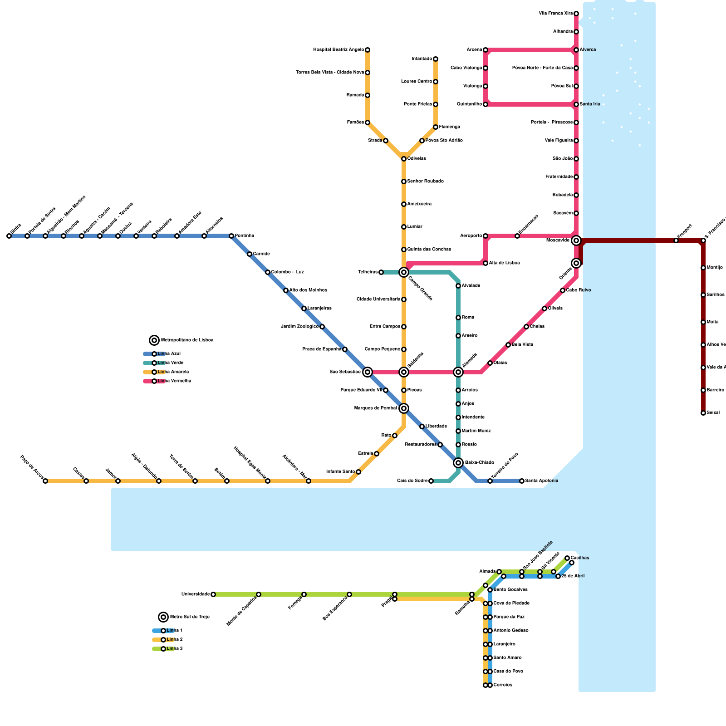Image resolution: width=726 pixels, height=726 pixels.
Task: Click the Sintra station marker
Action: (9, 236)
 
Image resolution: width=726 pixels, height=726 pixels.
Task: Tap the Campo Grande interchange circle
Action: (404, 272)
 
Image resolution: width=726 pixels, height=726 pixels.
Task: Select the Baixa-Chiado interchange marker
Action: (458, 463)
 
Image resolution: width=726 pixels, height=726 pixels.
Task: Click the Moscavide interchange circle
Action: (576, 240)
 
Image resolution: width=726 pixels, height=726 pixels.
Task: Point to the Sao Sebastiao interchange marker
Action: (368, 372)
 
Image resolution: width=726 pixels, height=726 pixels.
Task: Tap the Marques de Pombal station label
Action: (376, 408)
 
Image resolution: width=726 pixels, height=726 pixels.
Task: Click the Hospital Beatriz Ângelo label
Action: (338, 50)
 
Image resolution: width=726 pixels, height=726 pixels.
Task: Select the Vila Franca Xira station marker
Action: (576, 14)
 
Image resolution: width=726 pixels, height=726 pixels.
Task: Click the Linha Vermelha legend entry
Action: (174, 381)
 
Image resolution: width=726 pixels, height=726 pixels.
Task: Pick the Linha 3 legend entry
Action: (174, 649)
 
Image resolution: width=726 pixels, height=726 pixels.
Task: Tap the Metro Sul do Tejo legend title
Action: (190, 617)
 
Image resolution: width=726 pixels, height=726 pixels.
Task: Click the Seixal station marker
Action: (703, 413)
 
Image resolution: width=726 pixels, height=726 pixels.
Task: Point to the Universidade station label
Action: (196, 594)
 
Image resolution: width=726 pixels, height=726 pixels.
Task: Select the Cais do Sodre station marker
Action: (431, 481)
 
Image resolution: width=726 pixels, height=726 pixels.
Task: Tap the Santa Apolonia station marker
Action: (522, 481)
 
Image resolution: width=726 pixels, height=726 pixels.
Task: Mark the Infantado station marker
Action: (436, 59)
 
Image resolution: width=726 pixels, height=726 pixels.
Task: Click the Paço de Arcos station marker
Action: (45, 481)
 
